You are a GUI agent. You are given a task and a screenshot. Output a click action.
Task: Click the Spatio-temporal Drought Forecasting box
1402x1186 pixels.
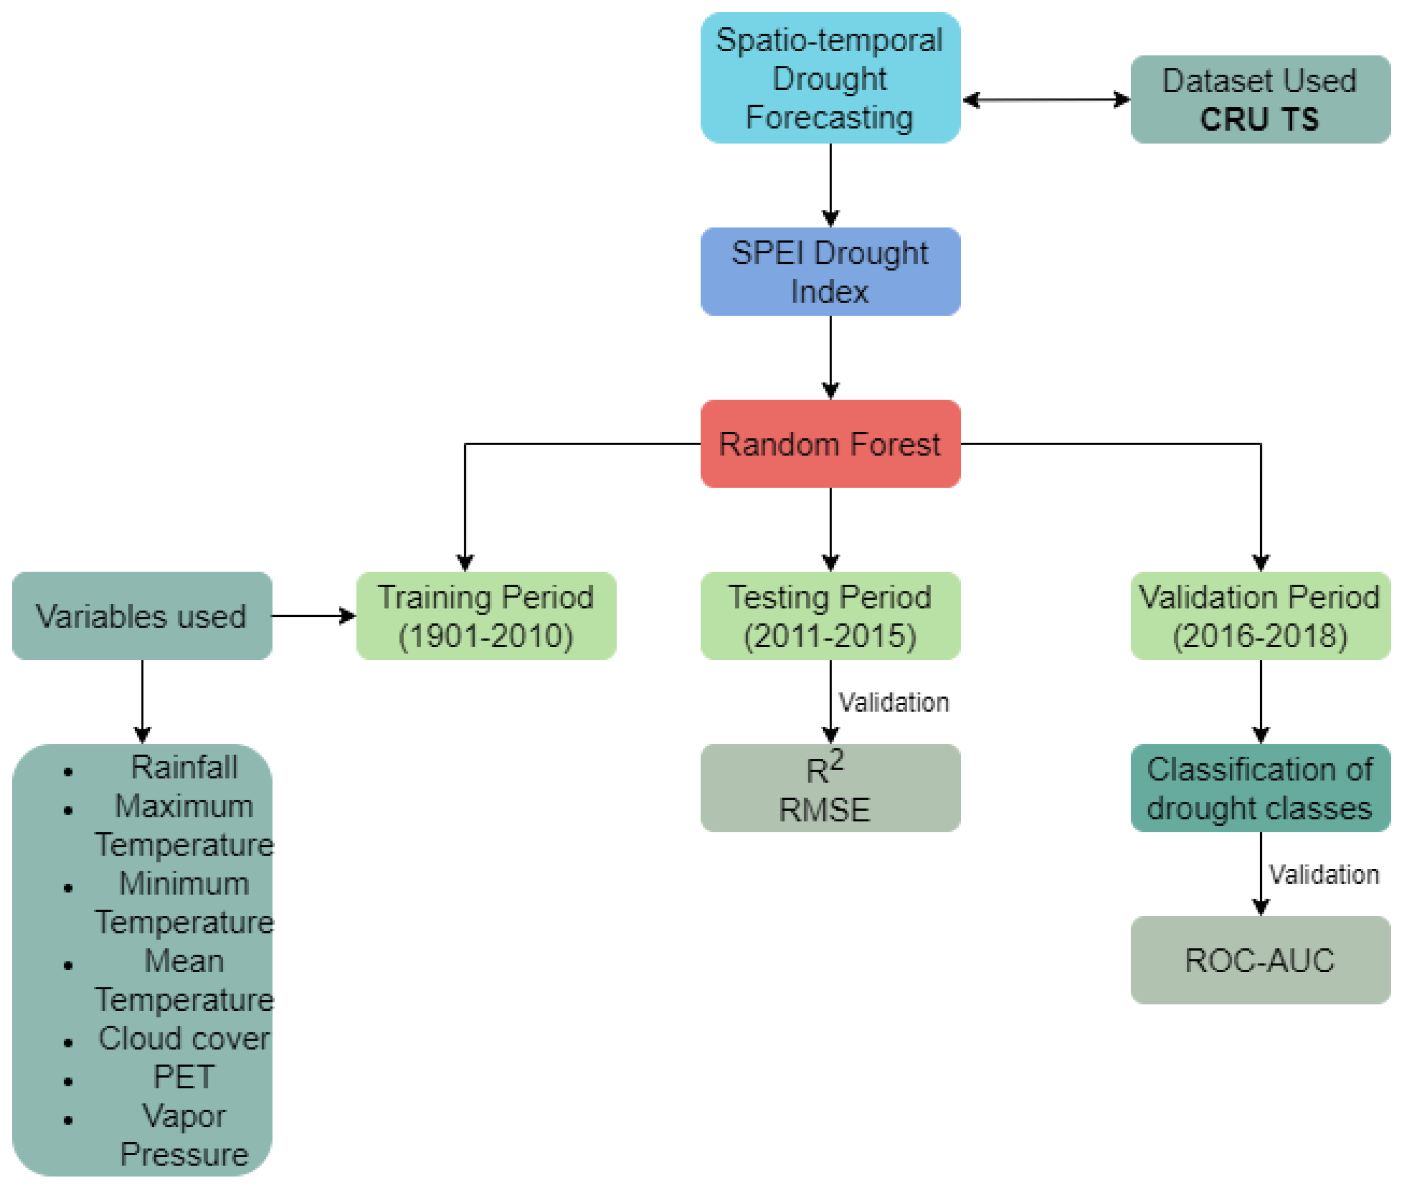point(830,78)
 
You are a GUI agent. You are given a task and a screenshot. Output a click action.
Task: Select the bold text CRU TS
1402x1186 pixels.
point(1259,120)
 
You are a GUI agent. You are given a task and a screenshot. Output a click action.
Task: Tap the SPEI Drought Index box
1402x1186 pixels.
point(830,272)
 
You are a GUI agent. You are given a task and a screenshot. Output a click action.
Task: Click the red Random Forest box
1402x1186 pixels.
point(830,444)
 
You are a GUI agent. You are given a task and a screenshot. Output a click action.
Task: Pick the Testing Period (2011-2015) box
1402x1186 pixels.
point(830,616)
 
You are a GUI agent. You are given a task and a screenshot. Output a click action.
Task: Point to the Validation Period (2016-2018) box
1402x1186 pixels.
point(1260,616)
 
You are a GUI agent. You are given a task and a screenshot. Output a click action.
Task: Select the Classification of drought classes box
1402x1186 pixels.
point(1260,788)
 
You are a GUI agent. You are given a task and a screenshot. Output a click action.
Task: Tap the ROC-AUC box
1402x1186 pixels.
point(1260,960)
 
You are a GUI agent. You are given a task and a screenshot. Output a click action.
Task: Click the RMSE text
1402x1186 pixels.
point(824,810)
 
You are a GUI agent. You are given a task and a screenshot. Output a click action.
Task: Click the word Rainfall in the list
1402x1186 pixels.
point(184,767)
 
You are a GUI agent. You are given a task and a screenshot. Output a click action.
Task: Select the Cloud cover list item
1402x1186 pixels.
point(184,1039)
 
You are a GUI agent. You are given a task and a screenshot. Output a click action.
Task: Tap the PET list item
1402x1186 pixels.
point(184,1077)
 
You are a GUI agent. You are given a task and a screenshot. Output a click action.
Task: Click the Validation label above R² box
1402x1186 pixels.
point(893,703)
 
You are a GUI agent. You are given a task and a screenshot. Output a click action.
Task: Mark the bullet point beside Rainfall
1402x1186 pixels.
point(68,772)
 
